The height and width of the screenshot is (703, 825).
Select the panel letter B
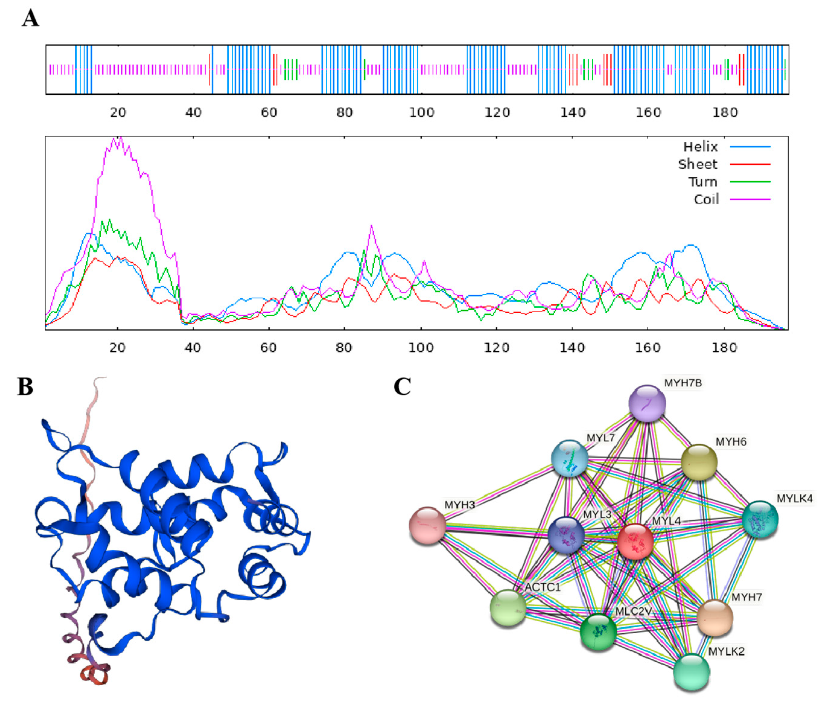tap(25, 387)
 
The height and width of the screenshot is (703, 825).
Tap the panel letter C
tap(402, 387)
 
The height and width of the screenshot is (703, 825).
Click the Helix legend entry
tap(700, 147)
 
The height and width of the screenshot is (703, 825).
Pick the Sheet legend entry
tap(698, 164)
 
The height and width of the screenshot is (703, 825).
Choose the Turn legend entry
tap(703, 182)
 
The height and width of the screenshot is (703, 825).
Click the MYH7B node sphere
tap(647, 403)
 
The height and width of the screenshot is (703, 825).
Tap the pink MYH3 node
tap(427, 525)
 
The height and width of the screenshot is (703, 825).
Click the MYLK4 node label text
tap(794, 499)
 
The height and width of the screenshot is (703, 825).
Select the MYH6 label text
tap(731, 442)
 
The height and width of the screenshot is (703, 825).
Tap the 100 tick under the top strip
tap(421, 113)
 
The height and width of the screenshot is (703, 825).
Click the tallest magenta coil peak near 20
tap(120, 138)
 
